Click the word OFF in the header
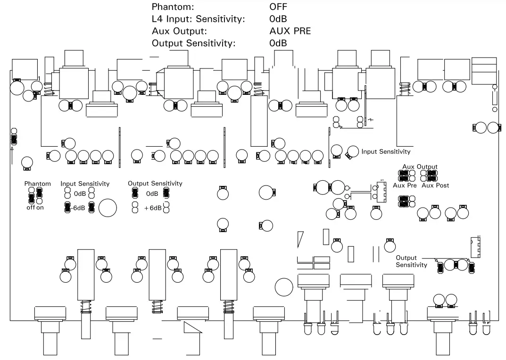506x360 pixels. pos(278,7)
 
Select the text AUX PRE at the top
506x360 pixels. pos(290,31)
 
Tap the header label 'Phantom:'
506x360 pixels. pos(173,7)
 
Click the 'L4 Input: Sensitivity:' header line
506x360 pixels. pos(198,19)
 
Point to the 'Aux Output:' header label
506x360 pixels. pos(179,31)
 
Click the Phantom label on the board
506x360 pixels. pos(38,184)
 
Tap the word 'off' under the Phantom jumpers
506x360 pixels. pos(30,208)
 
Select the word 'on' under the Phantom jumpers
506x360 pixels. pos(40,208)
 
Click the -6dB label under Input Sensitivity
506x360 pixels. pos(79,208)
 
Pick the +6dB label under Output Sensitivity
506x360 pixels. pos(153,208)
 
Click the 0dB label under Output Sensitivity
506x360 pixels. pos(152,194)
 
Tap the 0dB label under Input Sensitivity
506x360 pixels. pos(79,194)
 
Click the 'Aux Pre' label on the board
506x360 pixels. pos(404,185)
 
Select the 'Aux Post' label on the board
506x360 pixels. pos(435,185)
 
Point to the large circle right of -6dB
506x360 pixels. pos(108,208)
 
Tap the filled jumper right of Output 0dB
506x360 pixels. pos(166,192)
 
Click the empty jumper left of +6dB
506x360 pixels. pos(135,207)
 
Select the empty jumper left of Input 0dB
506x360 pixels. pos(67,192)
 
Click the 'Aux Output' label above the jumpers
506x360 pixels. pos(420,167)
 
